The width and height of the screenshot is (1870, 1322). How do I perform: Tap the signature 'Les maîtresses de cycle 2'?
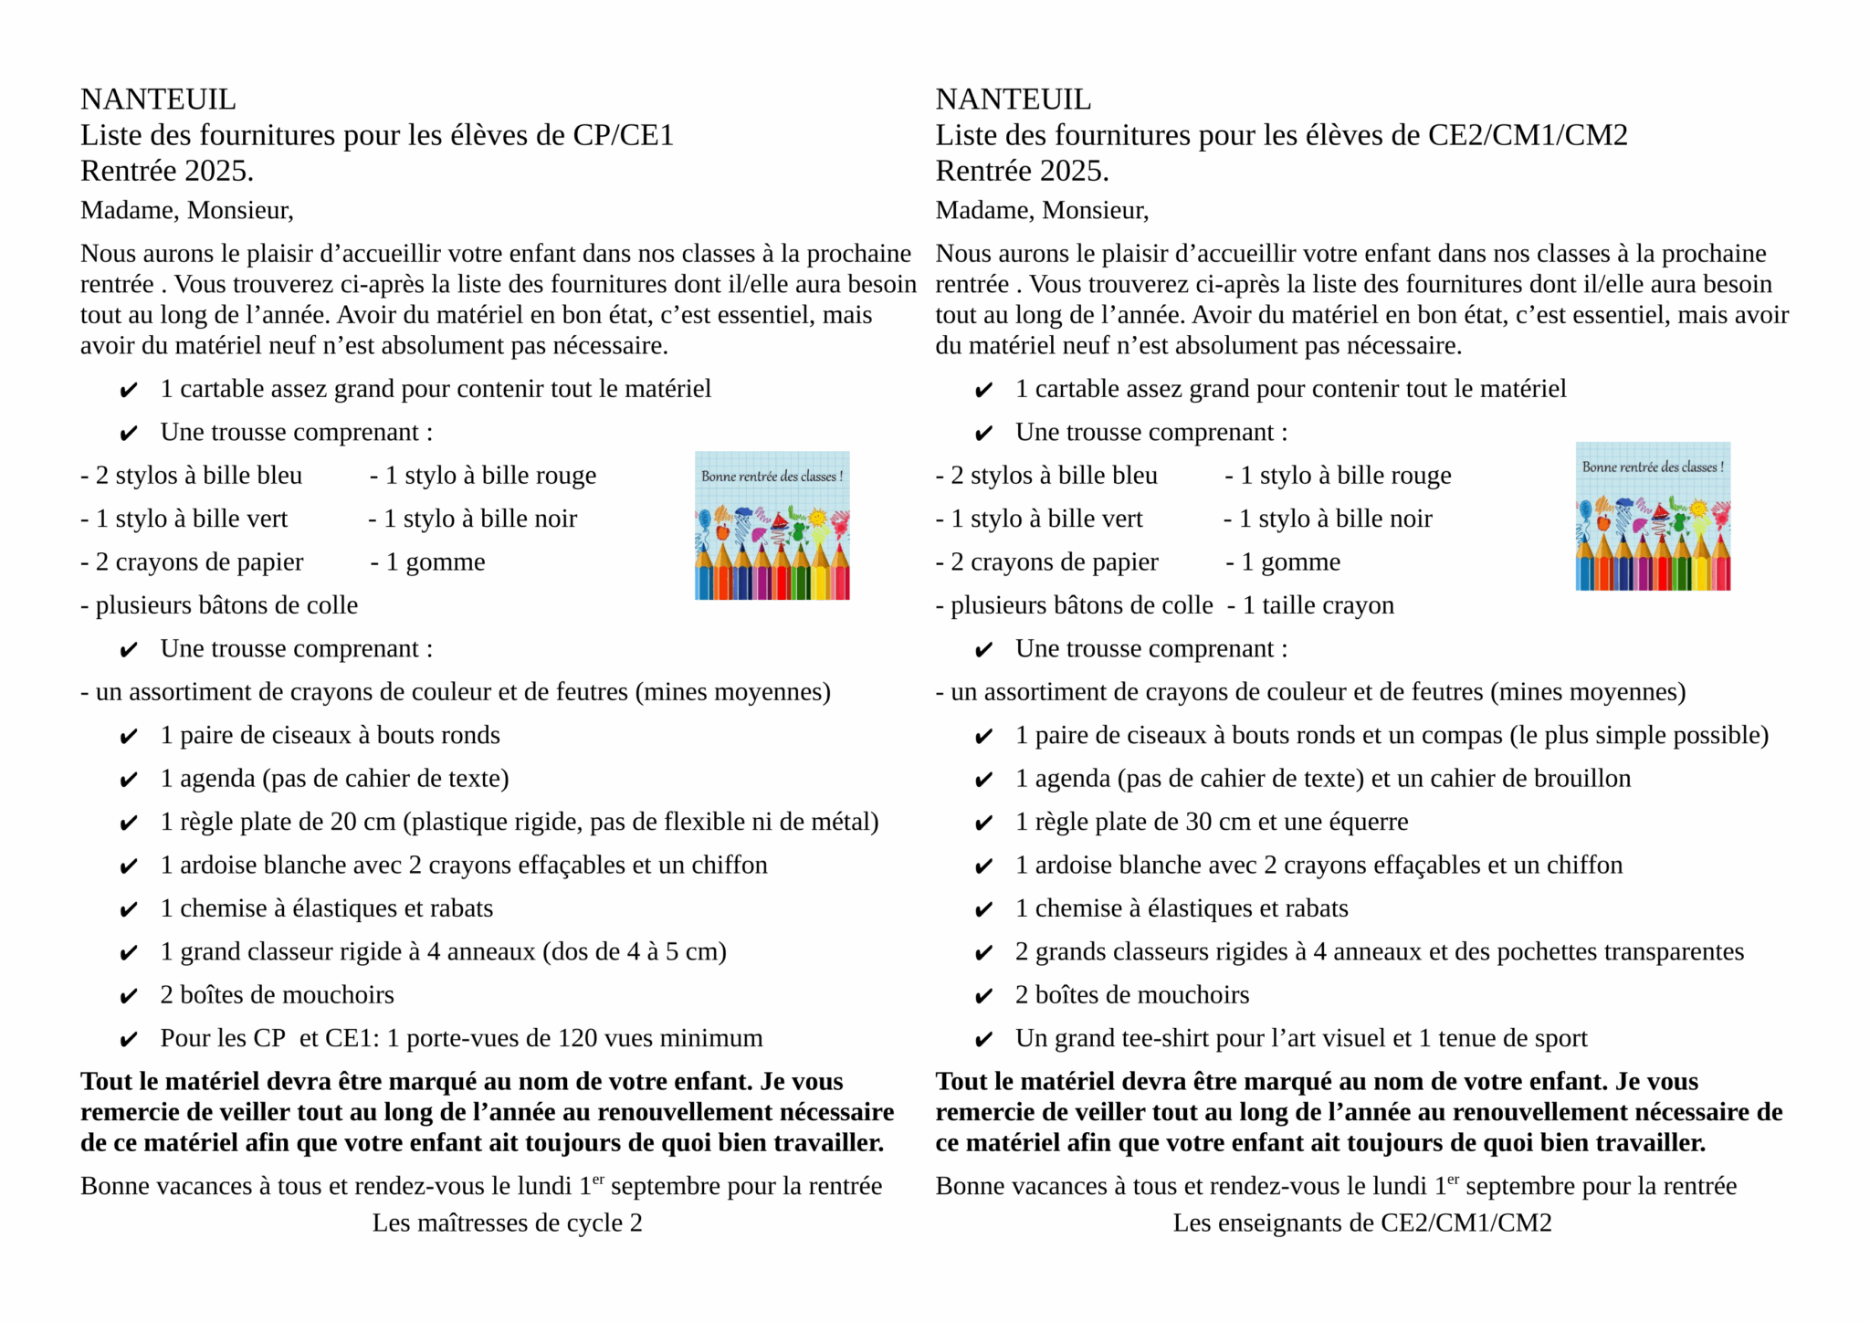507,1222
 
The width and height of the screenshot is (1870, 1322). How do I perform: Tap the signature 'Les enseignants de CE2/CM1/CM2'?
1361,1222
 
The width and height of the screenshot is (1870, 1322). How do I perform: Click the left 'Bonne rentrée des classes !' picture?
772,525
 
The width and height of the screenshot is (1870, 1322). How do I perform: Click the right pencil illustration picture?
1652,517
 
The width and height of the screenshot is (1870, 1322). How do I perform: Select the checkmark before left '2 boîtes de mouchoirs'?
129,996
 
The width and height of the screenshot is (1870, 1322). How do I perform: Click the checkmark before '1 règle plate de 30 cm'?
983,824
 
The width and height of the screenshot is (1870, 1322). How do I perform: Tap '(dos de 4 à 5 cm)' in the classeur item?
635,951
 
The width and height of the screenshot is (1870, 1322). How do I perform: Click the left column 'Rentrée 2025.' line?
167,171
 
